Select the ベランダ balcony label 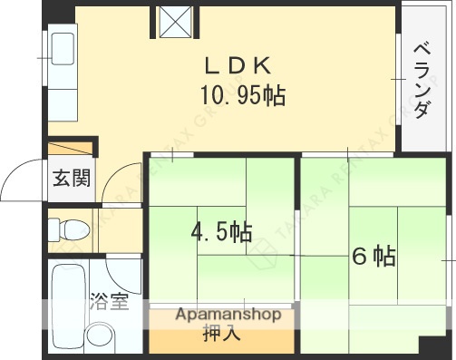pyautogui.click(x=422, y=80)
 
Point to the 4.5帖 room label pyautogui.click(x=220, y=233)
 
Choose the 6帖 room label pyautogui.click(x=373, y=257)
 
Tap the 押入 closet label pyautogui.click(x=221, y=334)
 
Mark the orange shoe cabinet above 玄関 pyautogui.click(x=71, y=149)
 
